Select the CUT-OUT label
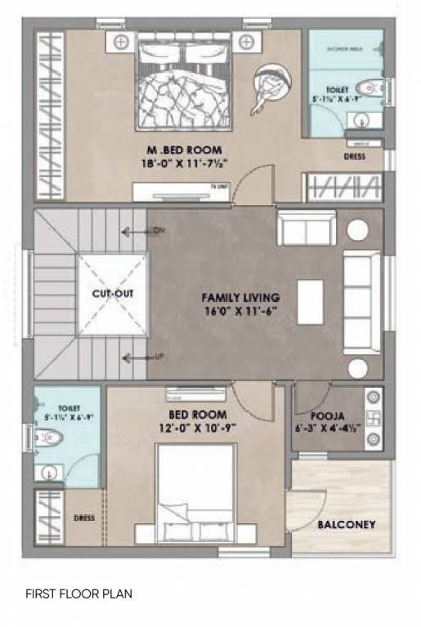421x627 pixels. (x=113, y=294)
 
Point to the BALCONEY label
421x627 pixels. (x=346, y=524)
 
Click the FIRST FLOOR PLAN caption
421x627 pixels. (x=78, y=594)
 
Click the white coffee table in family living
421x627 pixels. (x=310, y=302)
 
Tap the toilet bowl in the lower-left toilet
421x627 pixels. (x=51, y=438)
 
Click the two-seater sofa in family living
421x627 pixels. (x=306, y=228)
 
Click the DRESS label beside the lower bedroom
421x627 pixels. (x=83, y=518)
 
